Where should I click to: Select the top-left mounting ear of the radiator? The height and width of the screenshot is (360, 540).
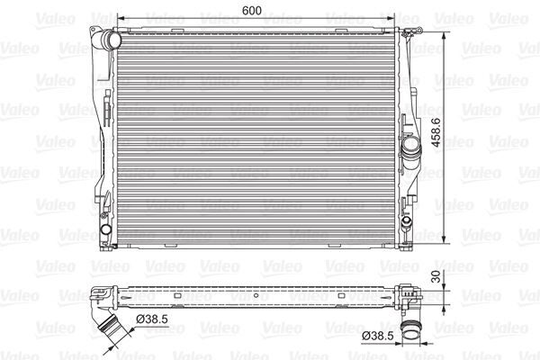pos(94,32)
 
